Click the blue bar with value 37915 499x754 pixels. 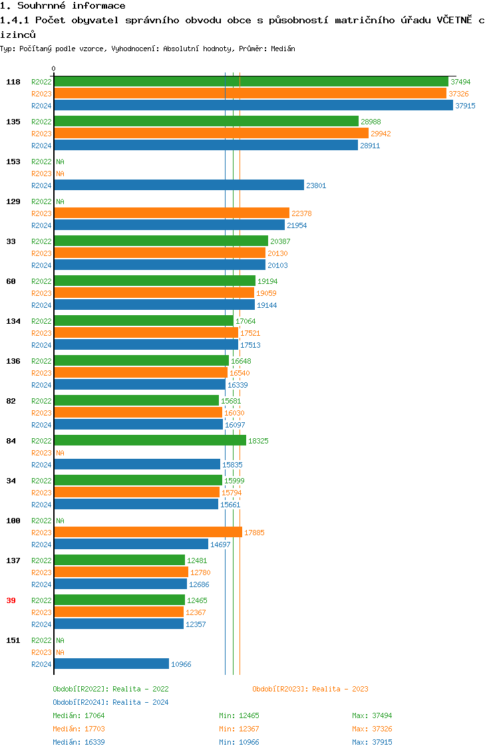[x=253, y=105]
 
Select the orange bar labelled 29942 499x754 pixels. [x=211, y=133]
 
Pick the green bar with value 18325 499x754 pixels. [x=150, y=440]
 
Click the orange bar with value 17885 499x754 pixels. [x=148, y=532]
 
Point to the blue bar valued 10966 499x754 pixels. [x=111, y=664]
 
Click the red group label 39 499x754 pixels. [x=11, y=600]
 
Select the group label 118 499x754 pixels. [x=13, y=82]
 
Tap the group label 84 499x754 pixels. [x=11, y=441]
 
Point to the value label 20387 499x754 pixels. [x=280, y=241]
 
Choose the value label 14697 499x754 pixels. [x=220, y=545]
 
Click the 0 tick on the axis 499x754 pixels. [x=54, y=68]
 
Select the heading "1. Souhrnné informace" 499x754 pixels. [x=63, y=6]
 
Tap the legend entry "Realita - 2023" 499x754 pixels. [x=310, y=689]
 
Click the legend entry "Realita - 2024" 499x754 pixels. [x=110, y=702]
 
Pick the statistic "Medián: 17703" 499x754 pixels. [x=79, y=729]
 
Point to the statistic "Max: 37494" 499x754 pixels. [x=372, y=715]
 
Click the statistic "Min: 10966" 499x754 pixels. [x=239, y=742]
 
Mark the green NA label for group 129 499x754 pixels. [x=60, y=201]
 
